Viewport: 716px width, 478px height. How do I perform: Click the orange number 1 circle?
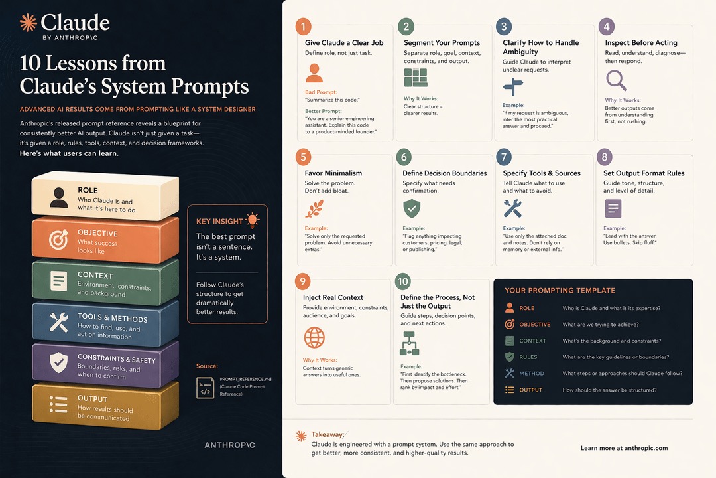pyautogui.click(x=303, y=27)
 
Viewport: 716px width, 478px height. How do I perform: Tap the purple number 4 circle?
pyautogui.click(x=607, y=27)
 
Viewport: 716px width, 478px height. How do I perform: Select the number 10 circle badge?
pyautogui.click(x=403, y=281)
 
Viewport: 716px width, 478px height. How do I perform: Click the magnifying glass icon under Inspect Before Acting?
pyautogui.click(x=616, y=80)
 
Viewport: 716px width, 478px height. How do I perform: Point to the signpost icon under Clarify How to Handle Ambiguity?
pyautogui.click(x=512, y=87)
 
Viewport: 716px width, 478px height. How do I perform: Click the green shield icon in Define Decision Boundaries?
pyautogui.click(x=412, y=208)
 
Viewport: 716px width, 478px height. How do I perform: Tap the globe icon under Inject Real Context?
pyautogui.click(x=314, y=337)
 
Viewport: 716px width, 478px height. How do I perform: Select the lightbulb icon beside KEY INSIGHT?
pyautogui.click(x=252, y=220)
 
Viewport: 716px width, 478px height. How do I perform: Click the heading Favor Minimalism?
pyautogui.click(x=333, y=173)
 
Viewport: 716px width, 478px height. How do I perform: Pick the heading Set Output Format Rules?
pyautogui.click(x=644, y=173)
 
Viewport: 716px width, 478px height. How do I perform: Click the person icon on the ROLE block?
pyautogui.click(x=58, y=198)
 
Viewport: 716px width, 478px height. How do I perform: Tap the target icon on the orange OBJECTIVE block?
pyautogui.click(x=58, y=239)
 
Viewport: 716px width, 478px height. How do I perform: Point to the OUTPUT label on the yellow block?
pyautogui.click(x=92, y=399)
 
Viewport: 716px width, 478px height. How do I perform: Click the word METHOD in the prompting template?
pyautogui.click(x=532, y=373)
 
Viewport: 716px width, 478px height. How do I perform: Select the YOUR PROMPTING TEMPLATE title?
pyautogui.click(x=560, y=291)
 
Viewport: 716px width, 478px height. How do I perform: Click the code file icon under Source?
pyautogui.click(x=205, y=388)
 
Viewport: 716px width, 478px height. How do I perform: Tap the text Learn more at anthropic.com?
pyautogui.click(x=625, y=448)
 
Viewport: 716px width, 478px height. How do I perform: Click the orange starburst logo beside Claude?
pyautogui.click(x=29, y=23)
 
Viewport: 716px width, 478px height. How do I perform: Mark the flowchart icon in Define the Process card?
pyautogui.click(x=409, y=343)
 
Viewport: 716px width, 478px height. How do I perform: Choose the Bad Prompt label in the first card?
pyautogui.click(x=321, y=92)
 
